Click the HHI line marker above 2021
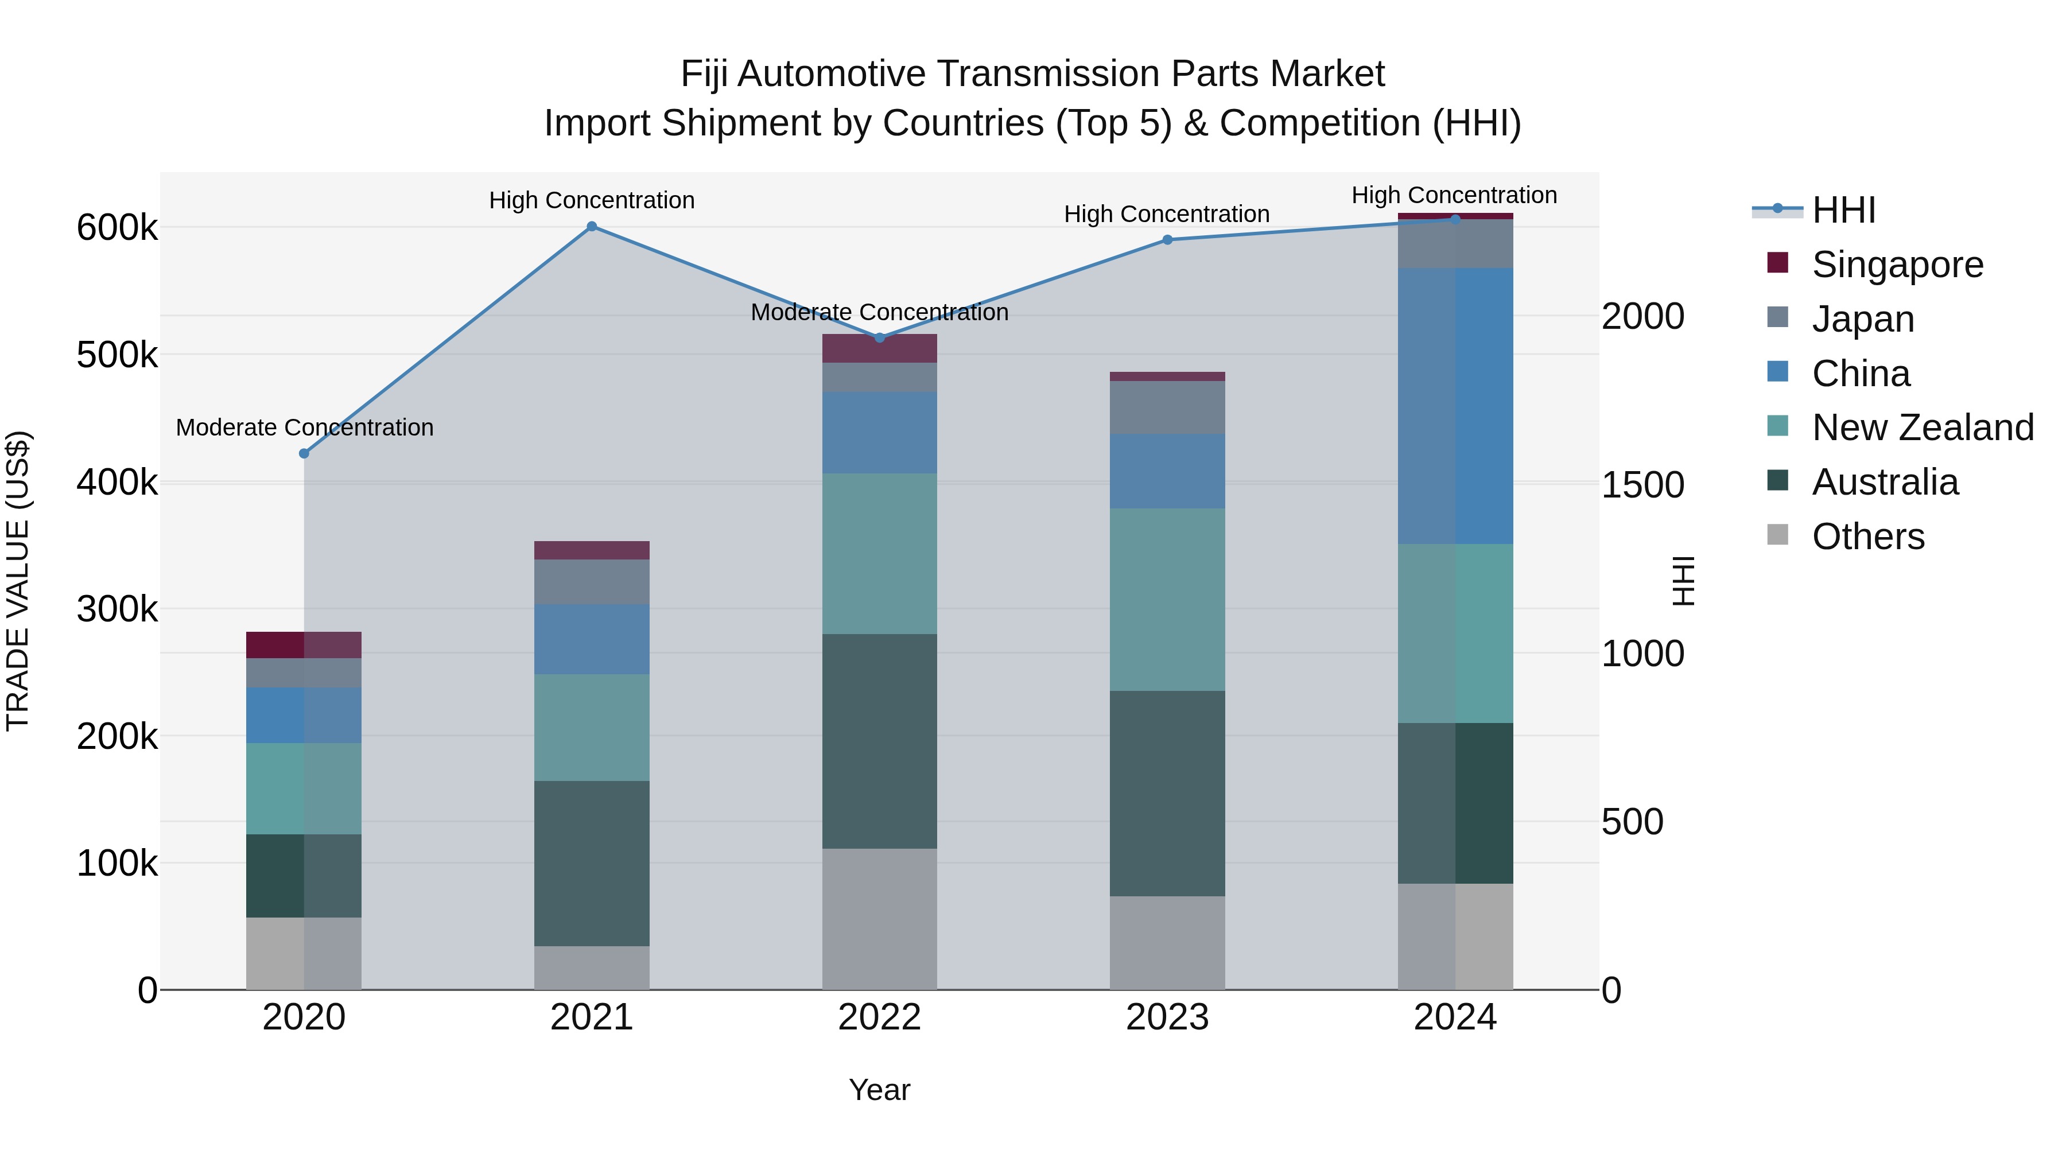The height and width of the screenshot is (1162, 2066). click(592, 227)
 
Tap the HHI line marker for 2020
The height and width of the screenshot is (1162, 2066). click(304, 454)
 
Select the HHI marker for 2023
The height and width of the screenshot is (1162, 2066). click(1168, 240)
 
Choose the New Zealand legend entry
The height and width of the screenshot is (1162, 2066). click(1921, 428)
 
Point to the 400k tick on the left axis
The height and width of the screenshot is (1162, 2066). click(117, 483)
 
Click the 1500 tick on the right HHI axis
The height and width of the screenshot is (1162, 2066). click(1642, 485)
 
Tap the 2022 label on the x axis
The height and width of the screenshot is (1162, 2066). click(879, 1017)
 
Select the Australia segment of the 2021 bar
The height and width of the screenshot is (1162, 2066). click(592, 863)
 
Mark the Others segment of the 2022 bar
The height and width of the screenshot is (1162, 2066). click(879, 919)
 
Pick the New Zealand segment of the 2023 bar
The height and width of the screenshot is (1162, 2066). click(1168, 599)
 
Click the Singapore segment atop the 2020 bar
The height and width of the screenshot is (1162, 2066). click(304, 645)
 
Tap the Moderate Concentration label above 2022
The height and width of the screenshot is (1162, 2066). click(879, 313)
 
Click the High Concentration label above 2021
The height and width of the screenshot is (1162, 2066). click(592, 200)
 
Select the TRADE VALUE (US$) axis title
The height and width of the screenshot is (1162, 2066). click(18, 581)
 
